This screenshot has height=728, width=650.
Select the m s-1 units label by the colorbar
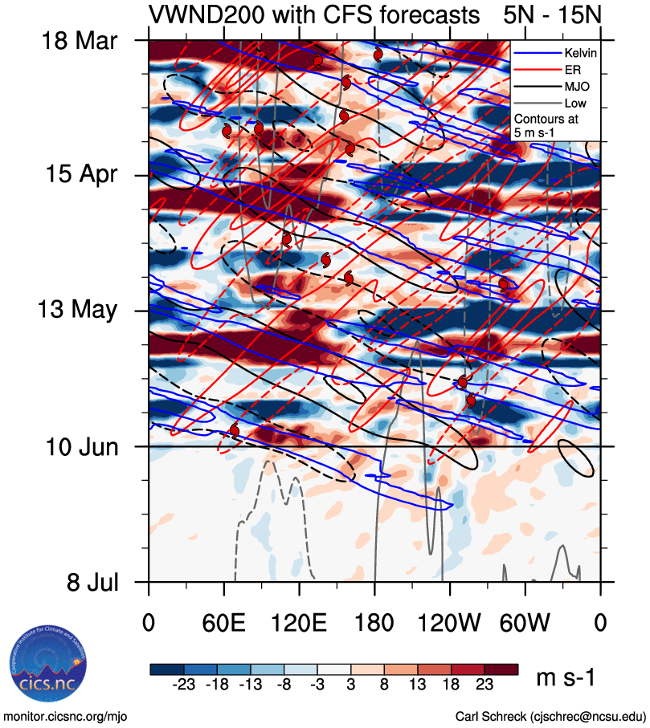click(x=566, y=678)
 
